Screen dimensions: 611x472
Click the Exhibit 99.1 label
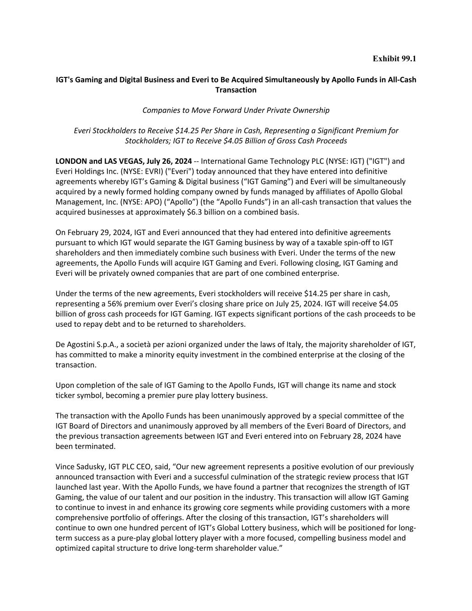(394, 59)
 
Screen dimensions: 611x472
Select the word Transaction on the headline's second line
(236, 90)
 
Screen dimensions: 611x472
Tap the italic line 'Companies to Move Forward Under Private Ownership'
(236, 110)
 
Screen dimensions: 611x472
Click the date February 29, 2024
(94, 232)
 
